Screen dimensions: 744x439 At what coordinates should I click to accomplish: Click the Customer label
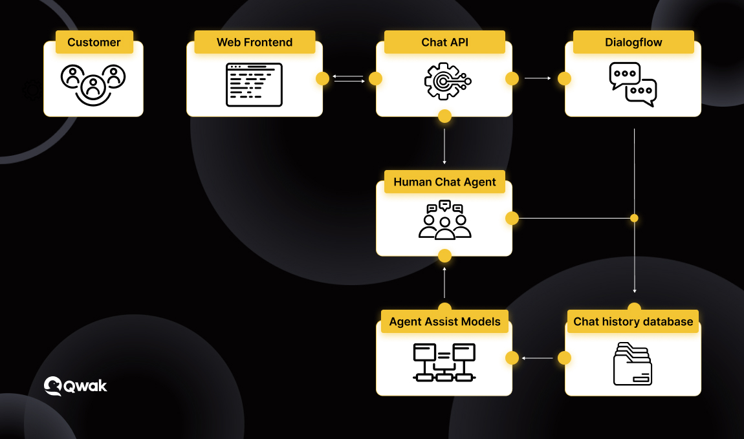point(94,42)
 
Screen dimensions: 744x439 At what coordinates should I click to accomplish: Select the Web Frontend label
point(255,42)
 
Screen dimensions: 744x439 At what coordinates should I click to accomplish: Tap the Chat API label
point(444,42)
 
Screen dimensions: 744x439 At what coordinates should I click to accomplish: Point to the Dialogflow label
point(633,42)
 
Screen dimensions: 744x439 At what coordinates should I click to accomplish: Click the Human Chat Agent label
point(444,182)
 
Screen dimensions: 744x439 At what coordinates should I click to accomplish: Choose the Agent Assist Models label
point(444,321)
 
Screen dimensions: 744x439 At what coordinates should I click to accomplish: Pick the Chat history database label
point(633,321)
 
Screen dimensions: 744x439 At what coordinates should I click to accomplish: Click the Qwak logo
point(76,386)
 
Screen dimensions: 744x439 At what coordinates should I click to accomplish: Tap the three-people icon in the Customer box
point(93,85)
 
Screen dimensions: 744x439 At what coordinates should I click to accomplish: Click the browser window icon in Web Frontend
point(254,85)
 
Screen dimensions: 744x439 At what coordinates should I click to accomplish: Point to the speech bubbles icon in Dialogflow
point(633,85)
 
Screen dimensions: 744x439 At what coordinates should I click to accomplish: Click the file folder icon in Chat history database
point(633,363)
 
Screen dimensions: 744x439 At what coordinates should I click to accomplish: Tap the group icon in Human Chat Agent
point(444,220)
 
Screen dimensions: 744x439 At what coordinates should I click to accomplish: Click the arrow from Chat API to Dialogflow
point(538,78)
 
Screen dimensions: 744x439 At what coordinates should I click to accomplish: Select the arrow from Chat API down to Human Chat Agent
point(444,147)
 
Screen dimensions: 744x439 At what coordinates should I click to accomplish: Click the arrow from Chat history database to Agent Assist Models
point(537,358)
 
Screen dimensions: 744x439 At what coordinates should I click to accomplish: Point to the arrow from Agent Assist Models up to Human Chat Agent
point(444,283)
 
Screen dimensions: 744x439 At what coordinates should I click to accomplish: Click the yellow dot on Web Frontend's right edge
point(323,79)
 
